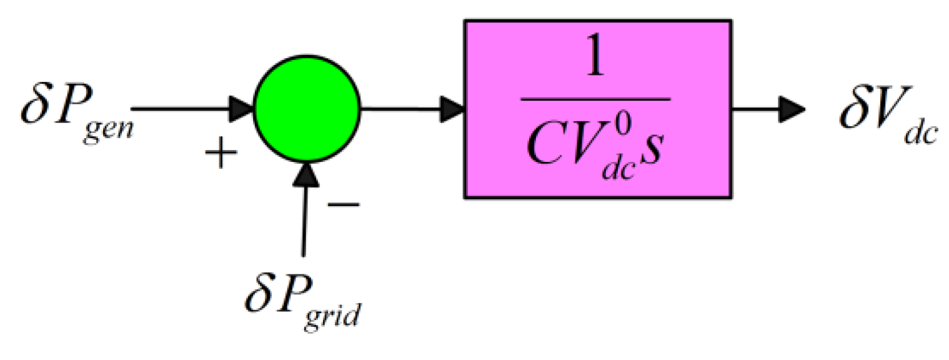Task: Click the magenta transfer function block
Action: tap(597, 109)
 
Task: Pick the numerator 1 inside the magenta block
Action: tap(597, 60)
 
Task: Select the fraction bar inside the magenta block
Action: tap(597, 99)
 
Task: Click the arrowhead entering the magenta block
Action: tap(452, 109)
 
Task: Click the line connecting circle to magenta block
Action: tap(400, 109)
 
